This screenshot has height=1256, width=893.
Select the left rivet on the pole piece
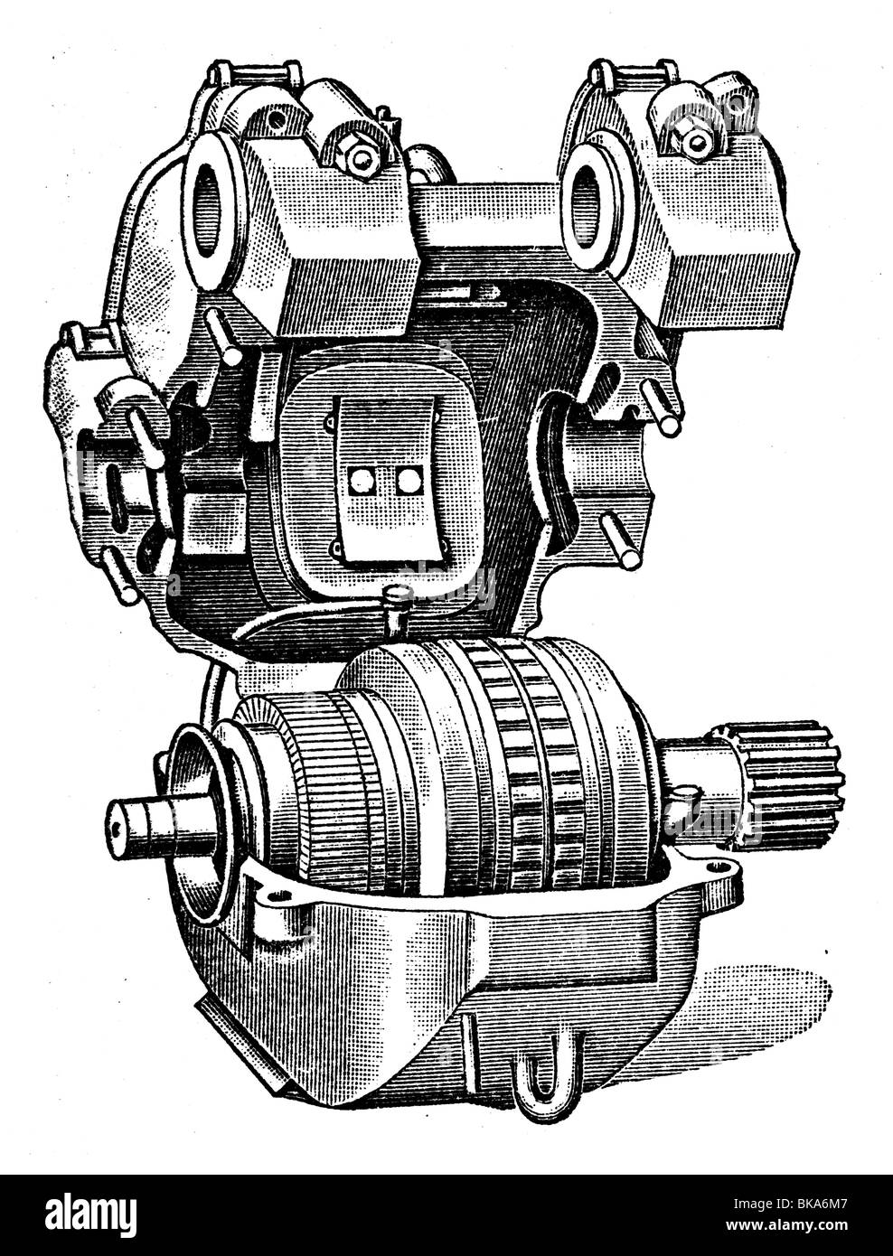click(x=366, y=482)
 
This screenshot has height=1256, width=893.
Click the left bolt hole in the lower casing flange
click(x=280, y=896)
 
